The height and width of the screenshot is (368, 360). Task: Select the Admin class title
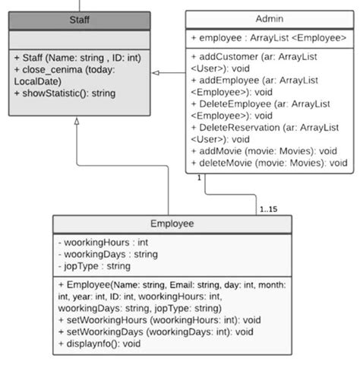point(270,18)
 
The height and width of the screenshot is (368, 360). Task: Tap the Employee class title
point(172,224)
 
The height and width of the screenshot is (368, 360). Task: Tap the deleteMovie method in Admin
point(269,162)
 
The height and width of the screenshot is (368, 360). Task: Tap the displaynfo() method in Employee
point(99,344)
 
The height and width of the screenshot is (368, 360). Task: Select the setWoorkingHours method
point(159,320)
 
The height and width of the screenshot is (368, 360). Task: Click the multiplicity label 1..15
point(268,208)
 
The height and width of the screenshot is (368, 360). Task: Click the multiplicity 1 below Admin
point(199,177)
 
